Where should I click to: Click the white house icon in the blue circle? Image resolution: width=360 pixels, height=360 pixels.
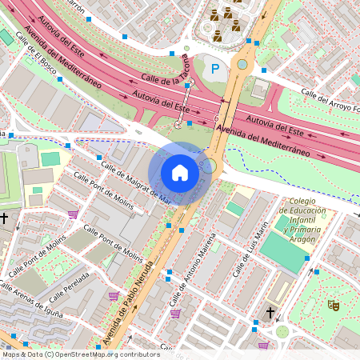179,172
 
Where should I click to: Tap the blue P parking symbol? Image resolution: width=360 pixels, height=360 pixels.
214,70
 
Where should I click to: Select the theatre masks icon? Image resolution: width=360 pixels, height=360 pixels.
333,305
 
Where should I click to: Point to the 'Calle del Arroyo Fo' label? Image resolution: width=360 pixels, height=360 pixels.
330,100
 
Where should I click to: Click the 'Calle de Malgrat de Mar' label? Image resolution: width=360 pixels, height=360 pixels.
136,182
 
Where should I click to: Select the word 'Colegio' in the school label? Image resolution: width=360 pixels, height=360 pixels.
303,201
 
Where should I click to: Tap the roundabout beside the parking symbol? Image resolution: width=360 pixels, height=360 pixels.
242,64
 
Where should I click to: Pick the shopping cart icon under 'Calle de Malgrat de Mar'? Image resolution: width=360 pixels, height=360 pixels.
73,214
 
